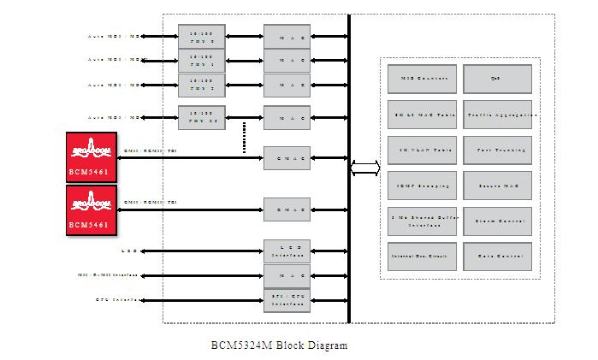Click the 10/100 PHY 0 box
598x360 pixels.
[202, 36]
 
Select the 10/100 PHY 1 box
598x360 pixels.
[202, 61]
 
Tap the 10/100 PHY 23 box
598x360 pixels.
[202, 116]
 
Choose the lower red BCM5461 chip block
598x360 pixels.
[92, 210]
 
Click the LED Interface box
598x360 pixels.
[287, 251]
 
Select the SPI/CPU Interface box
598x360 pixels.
[287, 300]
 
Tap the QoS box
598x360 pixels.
[497, 79]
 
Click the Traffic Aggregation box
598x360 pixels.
[497, 114]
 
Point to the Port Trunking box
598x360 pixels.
[497, 150]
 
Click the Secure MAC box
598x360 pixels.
[497, 186]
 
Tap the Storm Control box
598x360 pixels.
[497, 221]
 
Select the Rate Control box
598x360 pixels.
[497, 256]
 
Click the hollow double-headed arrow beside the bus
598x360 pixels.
[365, 168]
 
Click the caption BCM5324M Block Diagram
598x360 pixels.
[280, 345]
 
